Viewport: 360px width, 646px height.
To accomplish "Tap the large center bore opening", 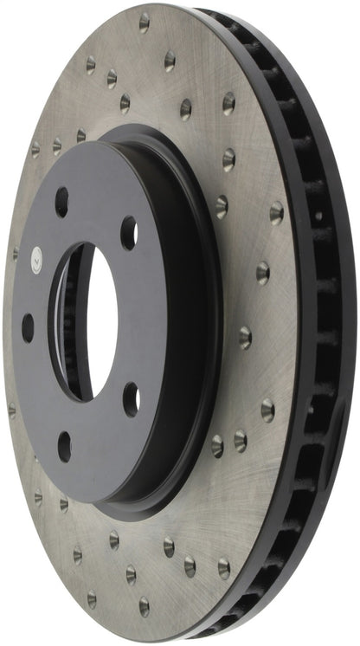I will click(87, 320).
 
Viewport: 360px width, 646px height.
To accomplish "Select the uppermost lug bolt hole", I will click(62, 202).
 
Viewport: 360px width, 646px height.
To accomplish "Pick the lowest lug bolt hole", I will click(64, 446).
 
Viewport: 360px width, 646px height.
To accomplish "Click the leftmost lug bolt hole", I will click(28, 326).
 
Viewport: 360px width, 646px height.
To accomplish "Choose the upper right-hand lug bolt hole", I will click(128, 232).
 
